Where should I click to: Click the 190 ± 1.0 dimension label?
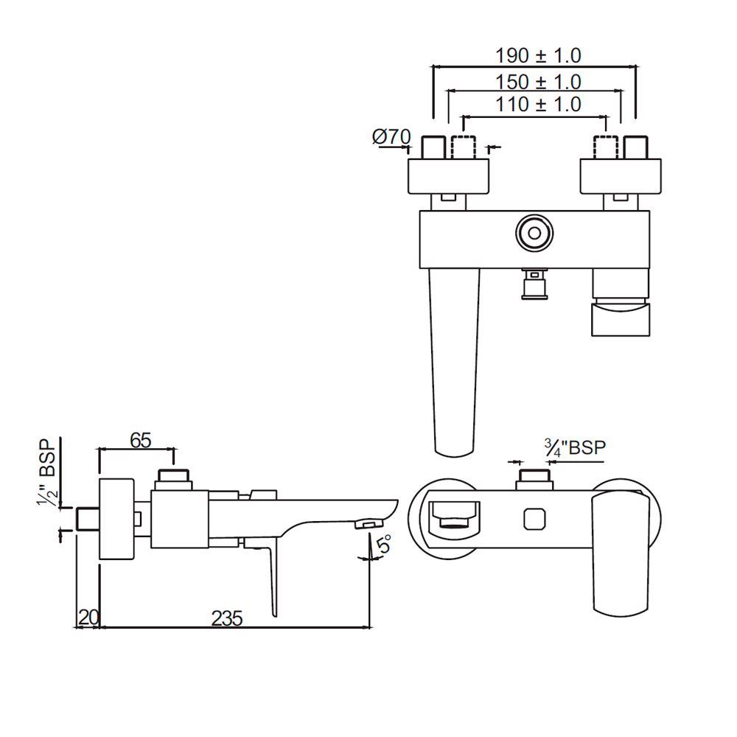coord(537,55)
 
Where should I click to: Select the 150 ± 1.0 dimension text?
coord(537,81)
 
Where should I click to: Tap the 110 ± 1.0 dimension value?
coord(537,104)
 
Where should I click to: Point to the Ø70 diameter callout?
coord(391,136)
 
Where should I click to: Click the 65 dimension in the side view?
coord(140,440)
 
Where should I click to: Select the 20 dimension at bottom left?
coord(88,618)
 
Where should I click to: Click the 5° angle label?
coord(384,546)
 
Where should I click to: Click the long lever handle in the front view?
coord(454,361)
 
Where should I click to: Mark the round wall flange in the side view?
coord(116,520)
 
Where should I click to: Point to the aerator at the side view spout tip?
coord(366,523)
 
